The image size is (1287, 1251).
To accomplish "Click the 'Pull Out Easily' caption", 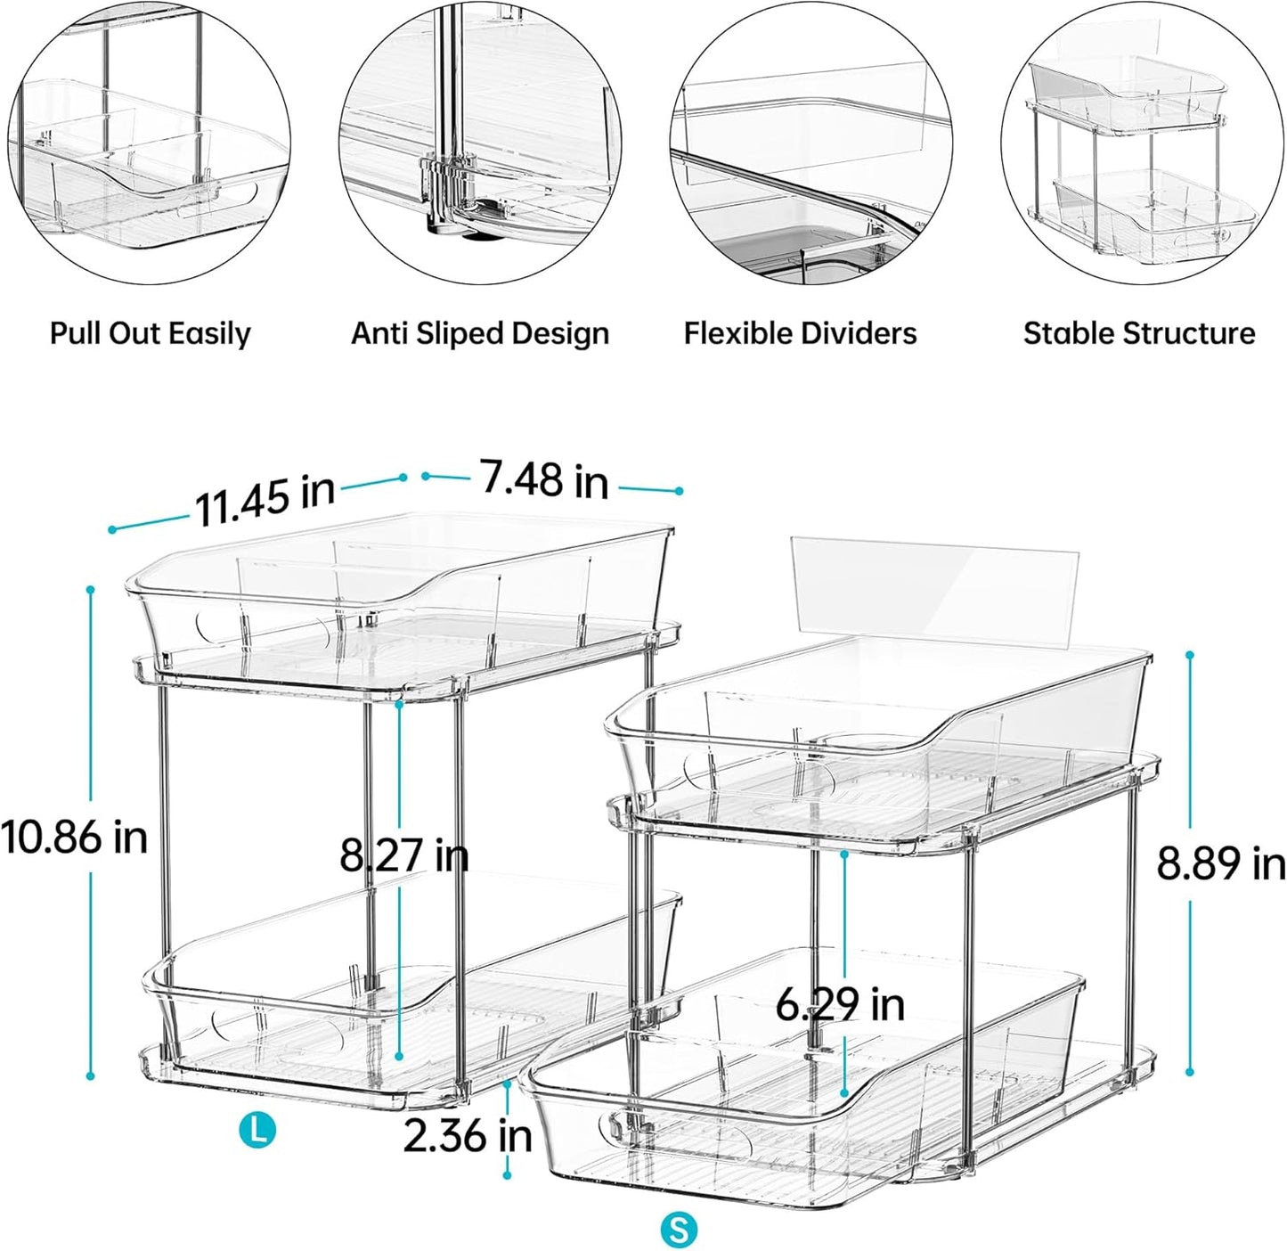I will tap(150, 334).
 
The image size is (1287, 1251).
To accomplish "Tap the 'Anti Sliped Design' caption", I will tap(480, 334).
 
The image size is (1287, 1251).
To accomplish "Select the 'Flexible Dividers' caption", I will tap(800, 334).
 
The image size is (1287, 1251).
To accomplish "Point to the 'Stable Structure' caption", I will tap(1138, 334).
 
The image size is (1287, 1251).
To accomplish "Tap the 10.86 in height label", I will tap(74, 838).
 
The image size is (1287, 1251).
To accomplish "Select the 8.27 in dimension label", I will tap(403, 855).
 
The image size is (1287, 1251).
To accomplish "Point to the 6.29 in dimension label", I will tap(839, 1005).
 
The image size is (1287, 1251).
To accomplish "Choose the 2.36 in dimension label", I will tap(468, 1135).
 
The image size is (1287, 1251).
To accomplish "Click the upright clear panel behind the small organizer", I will tap(935, 593).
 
